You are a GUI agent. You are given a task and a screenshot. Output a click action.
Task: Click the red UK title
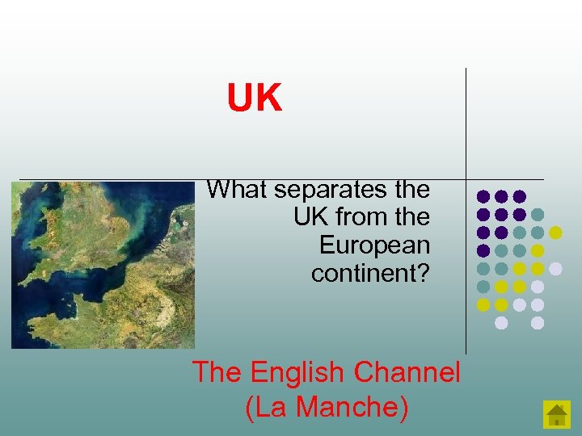point(255,99)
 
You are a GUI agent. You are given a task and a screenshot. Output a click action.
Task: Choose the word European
point(374,245)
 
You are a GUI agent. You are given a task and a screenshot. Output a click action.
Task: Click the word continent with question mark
point(370,273)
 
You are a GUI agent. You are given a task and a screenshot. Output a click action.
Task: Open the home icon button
point(557,414)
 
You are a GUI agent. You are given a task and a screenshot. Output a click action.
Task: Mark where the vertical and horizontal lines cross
point(466,178)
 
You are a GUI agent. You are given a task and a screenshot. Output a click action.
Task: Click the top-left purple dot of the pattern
point(483,196)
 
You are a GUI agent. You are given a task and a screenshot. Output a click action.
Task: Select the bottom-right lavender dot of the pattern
point(538,323)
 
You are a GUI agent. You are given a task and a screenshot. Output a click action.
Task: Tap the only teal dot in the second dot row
point(538,215)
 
